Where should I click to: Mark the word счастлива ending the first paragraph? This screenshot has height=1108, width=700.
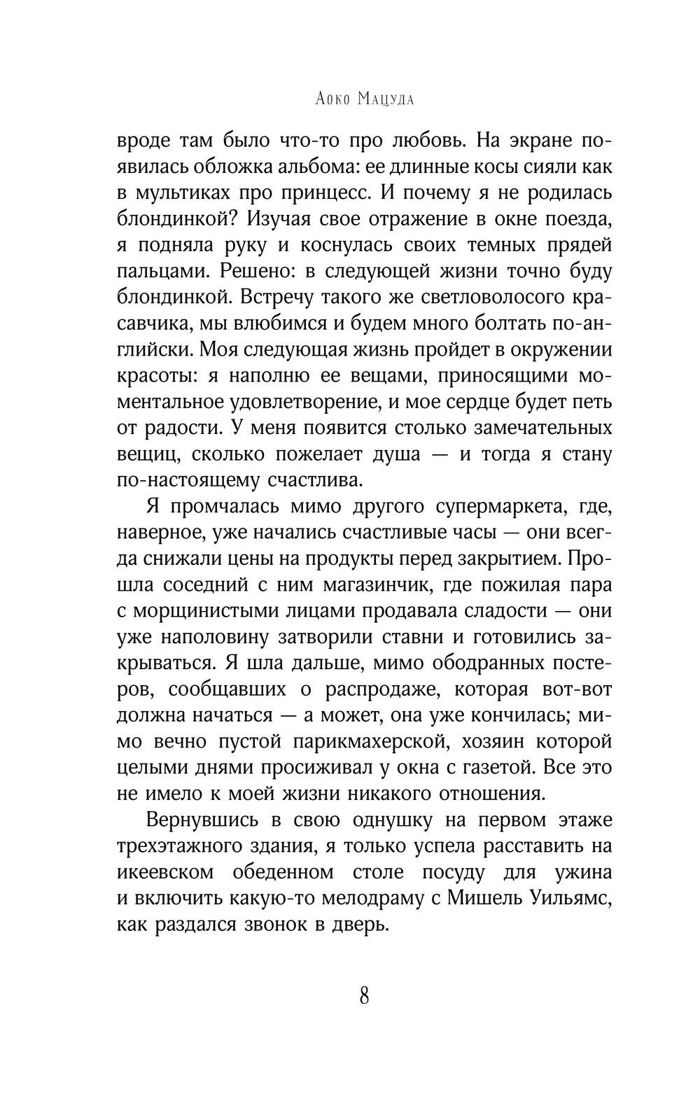(x=316, y=481)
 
